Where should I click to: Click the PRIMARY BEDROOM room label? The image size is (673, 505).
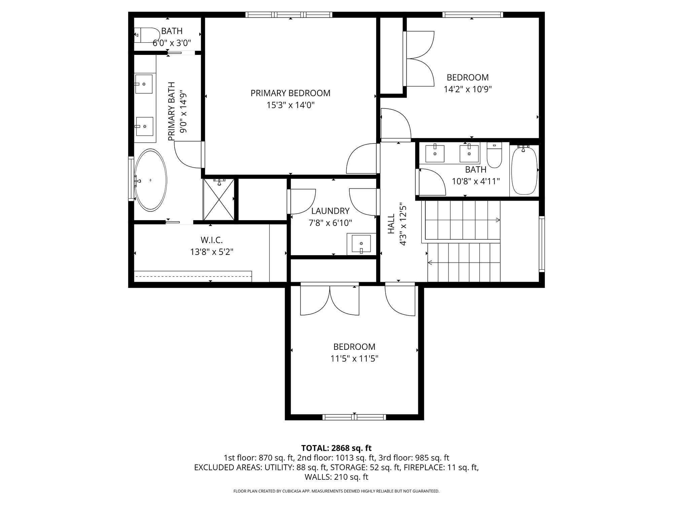pyautogui.click(x=290, y=93)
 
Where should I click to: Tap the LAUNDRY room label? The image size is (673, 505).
pyautogui.click(x=330, y=211)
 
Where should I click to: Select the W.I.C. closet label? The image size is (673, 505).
pyautogui.click(x=212, y=240)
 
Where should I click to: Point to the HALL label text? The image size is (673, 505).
pyautogui.click(x=391, y=224)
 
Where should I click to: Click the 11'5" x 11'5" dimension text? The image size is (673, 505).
pyautogui.click(x=354, y=359)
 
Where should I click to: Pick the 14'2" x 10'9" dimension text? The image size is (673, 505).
pyautogui.click(x=468, y=89)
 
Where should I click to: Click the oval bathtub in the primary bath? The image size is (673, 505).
pyautogui.click(x=150, y=180)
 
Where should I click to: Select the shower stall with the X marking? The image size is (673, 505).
pyautogui.click(x=219, y=200)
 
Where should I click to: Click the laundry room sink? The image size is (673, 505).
pyautogui.click(x=361, y=243)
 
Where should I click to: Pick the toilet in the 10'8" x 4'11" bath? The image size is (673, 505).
pyautogui.click(x=494, y=156)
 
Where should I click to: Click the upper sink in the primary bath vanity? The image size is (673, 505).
pyautogui.click(x=144, y=84)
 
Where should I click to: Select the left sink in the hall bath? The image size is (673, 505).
pyautogui.click(x=435, y=154)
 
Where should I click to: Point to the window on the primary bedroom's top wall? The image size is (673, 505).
pyautogui.click(x=289, y=14)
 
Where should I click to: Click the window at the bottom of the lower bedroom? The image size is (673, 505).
pyautogui.click(x=354, y=417)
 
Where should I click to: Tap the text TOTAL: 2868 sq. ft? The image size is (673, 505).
pyautogui.click(x=336, y=448)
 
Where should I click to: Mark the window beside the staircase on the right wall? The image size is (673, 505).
pyautogui.click(x=542, y=244)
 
